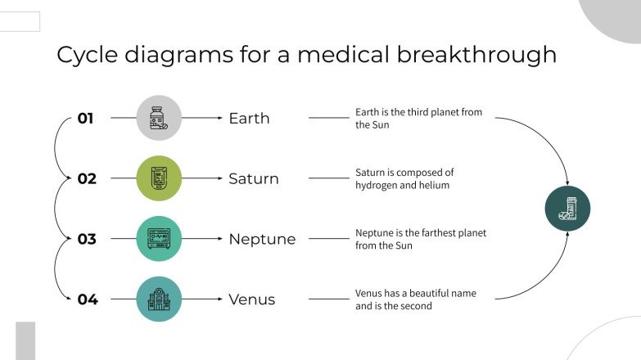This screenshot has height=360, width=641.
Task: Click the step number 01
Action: tap(86, 119)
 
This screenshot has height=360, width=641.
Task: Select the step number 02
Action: tap(87, 179)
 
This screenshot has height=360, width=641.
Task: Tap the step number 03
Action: tap(87, 240)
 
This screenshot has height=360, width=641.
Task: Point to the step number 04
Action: tap(88, 300)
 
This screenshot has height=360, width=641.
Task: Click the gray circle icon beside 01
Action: tap(159, 118)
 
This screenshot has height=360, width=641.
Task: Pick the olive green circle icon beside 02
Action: tap(159, 178)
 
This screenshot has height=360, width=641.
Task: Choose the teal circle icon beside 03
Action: tap(159, 239)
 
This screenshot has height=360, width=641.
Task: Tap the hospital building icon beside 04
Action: tap(159, 299)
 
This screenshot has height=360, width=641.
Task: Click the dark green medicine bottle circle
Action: tap(567, 209)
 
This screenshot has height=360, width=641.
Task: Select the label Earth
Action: tap(249, 119)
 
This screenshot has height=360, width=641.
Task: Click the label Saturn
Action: tap(254, 179)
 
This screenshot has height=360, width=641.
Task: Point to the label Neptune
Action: tap(262, 240)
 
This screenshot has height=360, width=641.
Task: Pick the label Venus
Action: tap(252, 300)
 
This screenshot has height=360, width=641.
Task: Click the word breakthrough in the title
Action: tap(476, 55)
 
